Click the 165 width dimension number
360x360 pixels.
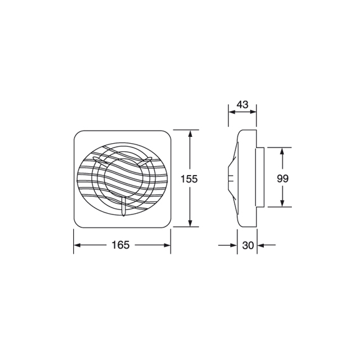(x=122, y=245)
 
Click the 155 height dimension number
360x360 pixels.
(x=189, y=179)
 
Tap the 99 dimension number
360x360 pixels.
(x=282, y=178)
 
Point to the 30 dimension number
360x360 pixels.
(x=247, y=246)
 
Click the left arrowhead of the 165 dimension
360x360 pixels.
(x=77, y=245)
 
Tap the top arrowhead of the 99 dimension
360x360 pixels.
(x=282, y=151)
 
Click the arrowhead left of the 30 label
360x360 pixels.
(x=234, y=246)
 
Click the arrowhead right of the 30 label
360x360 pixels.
(x=261, y=246)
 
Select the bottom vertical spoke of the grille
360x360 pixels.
(x=124, y=206)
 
